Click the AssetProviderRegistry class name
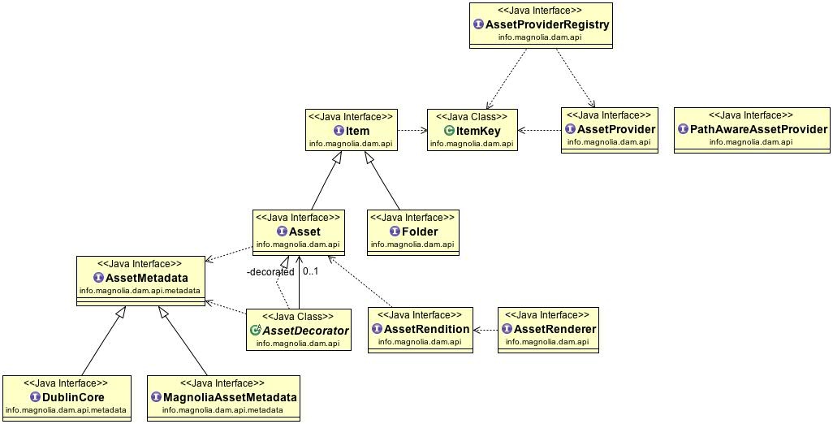[547, 24]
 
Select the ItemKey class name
[478, 130]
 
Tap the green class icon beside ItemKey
[448, 130]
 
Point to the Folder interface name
[420, 231]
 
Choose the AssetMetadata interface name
[146, 278]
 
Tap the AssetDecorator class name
[305, 331]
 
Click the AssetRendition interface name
[427, 329]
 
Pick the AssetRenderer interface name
[555, 329]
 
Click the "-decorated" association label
[270, 272]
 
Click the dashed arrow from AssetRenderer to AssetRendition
[485, 330]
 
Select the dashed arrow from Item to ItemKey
[412, 130]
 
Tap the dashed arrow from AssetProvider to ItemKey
[540, 130]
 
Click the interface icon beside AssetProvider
[571, 129]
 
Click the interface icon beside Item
[339, 131]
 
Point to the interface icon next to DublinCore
[35, 397]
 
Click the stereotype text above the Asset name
[298, 218]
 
